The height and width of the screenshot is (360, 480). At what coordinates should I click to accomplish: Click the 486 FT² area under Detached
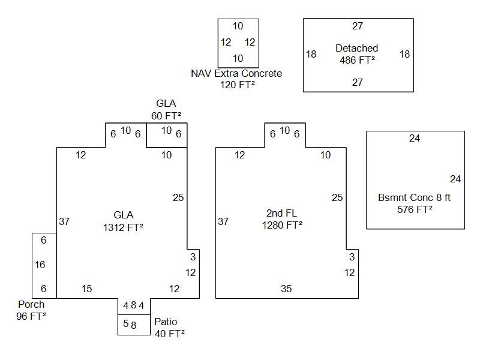[x=357, y=59]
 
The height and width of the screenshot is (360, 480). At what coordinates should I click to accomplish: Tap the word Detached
[x=357, y=48]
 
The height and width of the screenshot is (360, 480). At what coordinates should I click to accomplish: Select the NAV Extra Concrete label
[x=236, y=73]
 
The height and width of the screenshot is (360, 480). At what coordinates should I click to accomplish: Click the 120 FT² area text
[x=238, y=85]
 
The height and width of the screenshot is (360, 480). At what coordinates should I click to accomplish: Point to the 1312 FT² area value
[x=123, y=227]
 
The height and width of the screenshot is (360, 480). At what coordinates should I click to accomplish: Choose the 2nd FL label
[x=281, y=214]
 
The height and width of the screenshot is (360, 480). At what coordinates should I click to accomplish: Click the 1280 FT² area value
[x=281, y=225]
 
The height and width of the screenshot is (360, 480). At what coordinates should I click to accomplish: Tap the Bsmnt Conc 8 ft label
[x=414, y=197]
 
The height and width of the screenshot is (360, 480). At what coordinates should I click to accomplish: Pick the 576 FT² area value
[x=415, y=209]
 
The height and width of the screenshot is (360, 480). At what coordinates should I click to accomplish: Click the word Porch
[x=31, y=304]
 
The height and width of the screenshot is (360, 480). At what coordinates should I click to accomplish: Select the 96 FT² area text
[x=31, y=316]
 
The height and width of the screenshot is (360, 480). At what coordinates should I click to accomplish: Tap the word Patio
[x=166, y=322]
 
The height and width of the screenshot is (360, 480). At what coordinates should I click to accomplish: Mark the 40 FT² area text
[x=169, y=333]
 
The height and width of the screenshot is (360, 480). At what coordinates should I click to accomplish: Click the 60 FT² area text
[x=166, y=115]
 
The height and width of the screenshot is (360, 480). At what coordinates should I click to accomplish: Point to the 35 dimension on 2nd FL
[x=286, y=289]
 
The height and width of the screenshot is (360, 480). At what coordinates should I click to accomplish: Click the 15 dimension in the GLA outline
[x=86, y=289]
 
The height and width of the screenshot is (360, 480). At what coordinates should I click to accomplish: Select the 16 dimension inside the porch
[x=40, y=265]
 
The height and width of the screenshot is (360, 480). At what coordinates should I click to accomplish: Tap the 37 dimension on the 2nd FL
[x=223, y=221]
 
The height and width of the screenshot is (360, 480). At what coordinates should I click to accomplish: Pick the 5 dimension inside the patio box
[x=126, y=324]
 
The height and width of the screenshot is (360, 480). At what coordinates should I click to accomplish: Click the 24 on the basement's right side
[x=455, y=179]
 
